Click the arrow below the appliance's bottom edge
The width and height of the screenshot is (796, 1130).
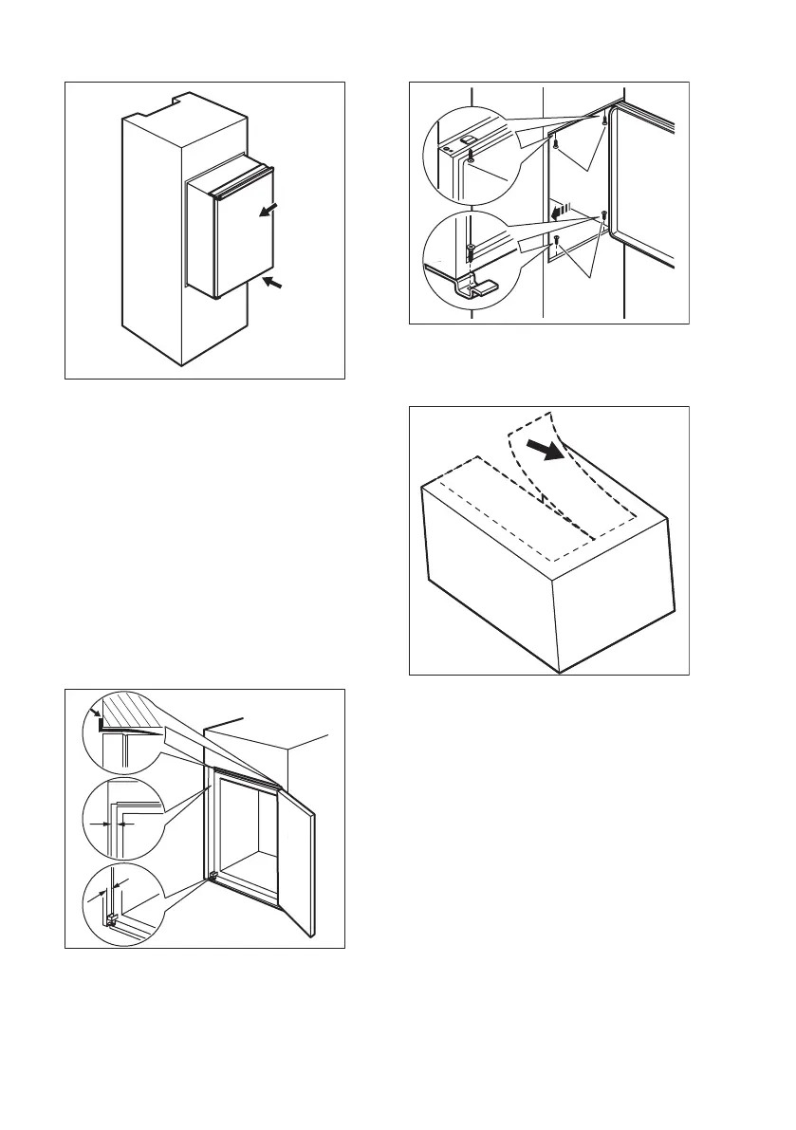(x=275, y=283)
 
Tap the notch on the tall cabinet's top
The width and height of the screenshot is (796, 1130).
(x=176, y=97)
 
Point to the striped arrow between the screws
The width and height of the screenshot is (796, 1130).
(x=564, y=206)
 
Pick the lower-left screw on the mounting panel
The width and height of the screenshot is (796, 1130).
(x=557, y=239)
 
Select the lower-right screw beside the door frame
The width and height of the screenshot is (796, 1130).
(x=603, y=215)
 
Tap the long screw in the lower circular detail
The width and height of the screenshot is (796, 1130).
(x=471, y=255)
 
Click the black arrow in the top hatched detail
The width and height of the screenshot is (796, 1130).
(x=95, y=711)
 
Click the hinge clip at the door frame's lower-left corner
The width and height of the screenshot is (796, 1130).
(x=213, y=876)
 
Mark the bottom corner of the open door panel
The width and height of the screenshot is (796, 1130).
(x=309, y=935)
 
